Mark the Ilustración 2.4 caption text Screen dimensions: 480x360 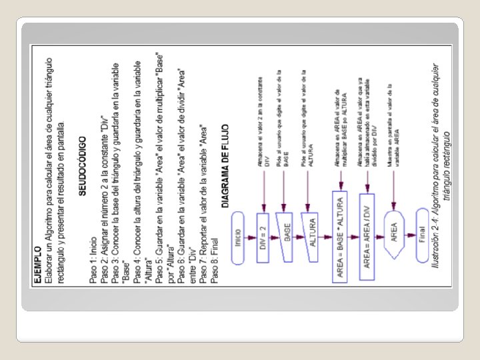point(441,167)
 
